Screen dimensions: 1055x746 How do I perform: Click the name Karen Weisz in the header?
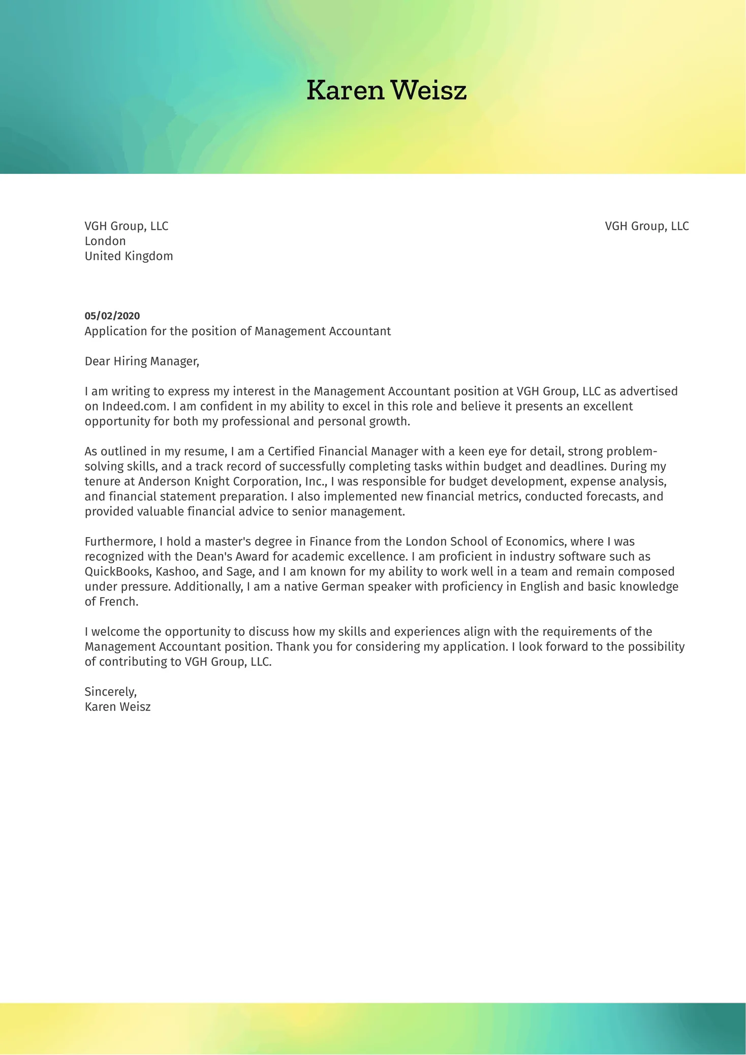pyautogui.click(x=386, y=91)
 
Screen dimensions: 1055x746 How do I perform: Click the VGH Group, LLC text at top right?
pyautogui.click(x=646, y=226)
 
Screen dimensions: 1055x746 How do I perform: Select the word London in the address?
pyautogui.click(x=105, y=241)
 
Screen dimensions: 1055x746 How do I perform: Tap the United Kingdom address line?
pyautogui.click(x=129, y=256)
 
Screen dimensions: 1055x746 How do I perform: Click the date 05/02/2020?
pyautogui.click(x=112, y=316)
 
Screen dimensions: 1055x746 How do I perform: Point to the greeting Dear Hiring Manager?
pyautogui.click(x=142, y=361)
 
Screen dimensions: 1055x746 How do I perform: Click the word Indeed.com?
pyautogui.click(x=135, y=407)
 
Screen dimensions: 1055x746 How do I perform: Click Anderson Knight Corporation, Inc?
pyautogui.click(x=232, y=482)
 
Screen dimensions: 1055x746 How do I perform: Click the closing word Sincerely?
pyautogui.click(x=110, y=692)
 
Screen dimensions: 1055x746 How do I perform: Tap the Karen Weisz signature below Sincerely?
pyautogui.click(x=117, y=707)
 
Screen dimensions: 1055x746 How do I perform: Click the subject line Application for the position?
pyautogui.click(x=237, y=331)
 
